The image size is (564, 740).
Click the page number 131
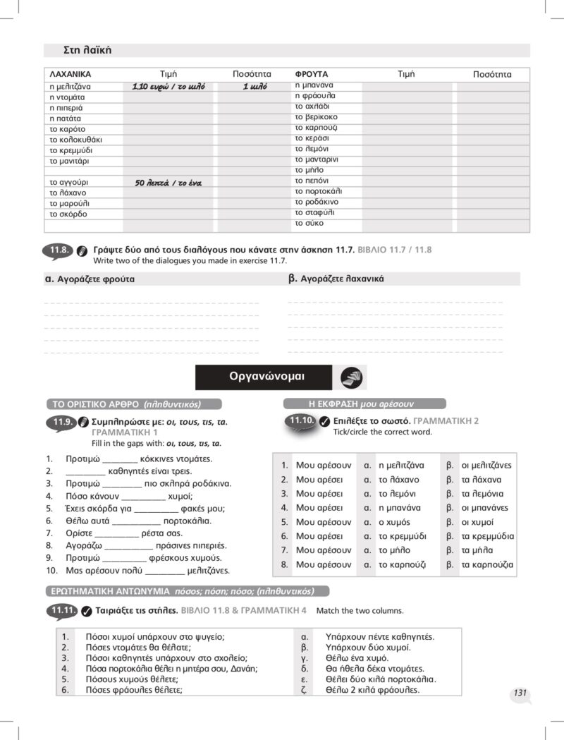pyautogui.click(x=520, y=693)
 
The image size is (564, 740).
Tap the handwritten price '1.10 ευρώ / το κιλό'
pyautogui.click(x=168, y=86)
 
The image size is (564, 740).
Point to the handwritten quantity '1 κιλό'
pyautogui.click(x=255, y=86)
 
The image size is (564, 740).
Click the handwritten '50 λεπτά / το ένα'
pyautogui.click(x=168, y=183)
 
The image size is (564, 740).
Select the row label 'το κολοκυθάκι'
pyautogui.click(x=75, y=140)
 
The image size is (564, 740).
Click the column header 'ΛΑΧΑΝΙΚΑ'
pyautogui.click(x=70, y=74)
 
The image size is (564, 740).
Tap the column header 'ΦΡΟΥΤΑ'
pyautogui.click(x=312, y=74)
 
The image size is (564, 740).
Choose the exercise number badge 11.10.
pyautogui.click(x=300, y=421)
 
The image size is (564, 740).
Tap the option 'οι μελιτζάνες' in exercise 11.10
pyautogui.click(x=486, y=466)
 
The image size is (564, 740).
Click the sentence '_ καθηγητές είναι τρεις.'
pyautogui.click(x=128, y=471)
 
